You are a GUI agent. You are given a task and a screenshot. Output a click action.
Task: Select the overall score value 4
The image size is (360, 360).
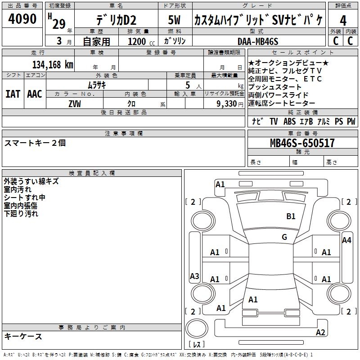point(343,21)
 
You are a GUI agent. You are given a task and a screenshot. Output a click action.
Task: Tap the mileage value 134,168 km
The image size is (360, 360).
point(53,64)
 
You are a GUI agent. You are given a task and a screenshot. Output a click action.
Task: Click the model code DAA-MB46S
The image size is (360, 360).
point(258,41)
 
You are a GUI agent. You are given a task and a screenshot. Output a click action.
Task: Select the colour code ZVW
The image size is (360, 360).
point(75,103)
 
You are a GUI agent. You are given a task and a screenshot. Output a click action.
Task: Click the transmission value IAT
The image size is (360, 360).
point(13,94)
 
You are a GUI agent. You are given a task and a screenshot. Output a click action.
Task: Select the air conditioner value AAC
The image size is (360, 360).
point(35,94)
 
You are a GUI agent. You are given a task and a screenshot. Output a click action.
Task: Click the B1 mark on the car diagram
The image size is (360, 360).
point(291,216)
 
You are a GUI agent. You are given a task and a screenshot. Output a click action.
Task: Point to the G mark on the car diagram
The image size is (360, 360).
point(284,237)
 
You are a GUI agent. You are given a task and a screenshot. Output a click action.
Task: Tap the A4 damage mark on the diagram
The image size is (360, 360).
point(346,240)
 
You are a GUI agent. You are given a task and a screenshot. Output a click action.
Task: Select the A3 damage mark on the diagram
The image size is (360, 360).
point(194,276)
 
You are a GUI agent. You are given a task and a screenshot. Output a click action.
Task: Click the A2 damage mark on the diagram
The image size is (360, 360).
point(320,333)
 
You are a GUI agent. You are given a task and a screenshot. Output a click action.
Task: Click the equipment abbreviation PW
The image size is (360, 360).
point(351,121)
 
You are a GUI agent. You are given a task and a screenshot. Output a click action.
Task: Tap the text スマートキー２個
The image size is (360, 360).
point(35,143)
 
